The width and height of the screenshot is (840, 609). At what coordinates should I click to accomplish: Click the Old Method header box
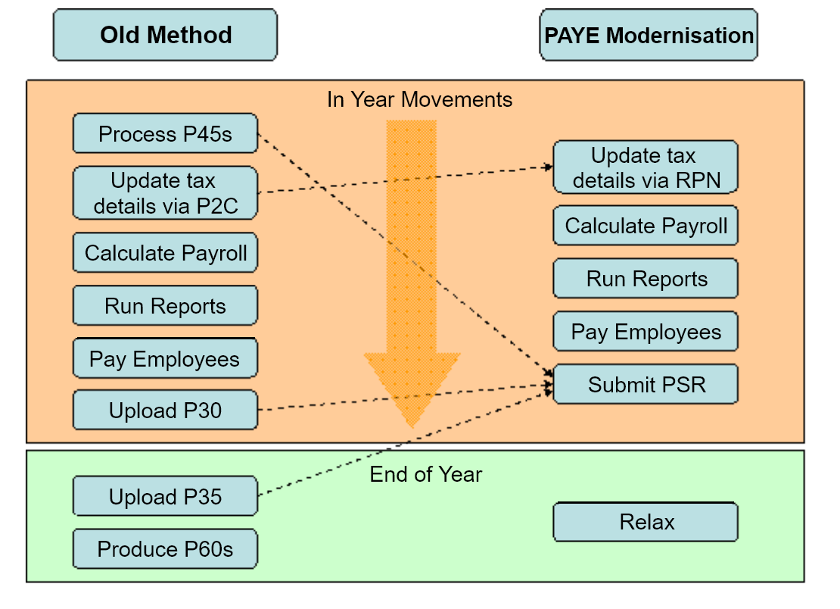pos(165,35)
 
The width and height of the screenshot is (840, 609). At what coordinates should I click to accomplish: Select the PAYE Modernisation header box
pos(649,35)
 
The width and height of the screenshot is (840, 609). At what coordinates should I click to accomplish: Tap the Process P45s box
pos(165,134)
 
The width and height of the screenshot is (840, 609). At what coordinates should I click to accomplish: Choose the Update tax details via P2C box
pos(165,193)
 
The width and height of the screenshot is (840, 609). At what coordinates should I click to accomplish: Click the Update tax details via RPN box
pos(646,167)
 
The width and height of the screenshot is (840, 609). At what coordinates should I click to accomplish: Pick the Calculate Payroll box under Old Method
pos(165,252)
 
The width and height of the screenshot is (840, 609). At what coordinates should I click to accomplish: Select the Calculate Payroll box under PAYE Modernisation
pos(646,226)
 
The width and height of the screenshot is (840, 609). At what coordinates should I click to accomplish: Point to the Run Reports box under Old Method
pos(165,306)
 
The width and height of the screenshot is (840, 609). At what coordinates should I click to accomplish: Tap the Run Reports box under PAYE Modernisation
pos(646,279)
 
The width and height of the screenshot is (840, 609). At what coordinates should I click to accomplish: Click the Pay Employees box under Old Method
pos(165,358)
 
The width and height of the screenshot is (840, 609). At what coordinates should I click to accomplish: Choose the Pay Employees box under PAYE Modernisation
pos(646,332)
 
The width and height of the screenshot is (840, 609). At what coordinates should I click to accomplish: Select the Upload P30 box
pos(165,411)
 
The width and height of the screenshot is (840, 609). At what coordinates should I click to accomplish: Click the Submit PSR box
pos(646,384)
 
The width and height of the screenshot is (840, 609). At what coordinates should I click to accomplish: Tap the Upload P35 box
pos(165,496)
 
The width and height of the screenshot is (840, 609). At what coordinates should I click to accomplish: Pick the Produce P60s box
pos(165,549)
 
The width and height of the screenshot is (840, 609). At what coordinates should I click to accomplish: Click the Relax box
pos(646,522)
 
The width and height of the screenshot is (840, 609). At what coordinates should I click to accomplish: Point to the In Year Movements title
pos(419,99)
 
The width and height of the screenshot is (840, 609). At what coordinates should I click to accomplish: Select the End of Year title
pos(425,474)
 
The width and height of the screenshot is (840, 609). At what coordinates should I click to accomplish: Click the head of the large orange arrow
pos(412,386)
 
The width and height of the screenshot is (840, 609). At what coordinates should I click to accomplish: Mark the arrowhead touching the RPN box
pos(548,167)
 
